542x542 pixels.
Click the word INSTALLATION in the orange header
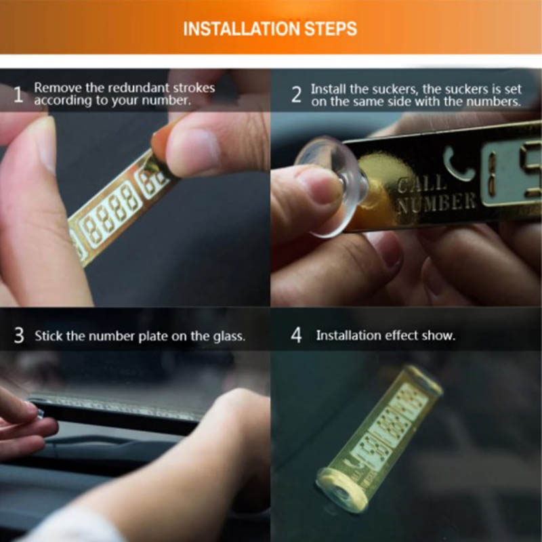242,28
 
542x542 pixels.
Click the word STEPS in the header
331,28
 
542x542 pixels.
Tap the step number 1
18,94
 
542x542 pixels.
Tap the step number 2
296,95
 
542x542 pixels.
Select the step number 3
19,335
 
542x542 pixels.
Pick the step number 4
296,335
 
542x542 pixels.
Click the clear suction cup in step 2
332,187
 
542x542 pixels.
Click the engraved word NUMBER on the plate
436,204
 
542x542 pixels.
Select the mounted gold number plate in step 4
379,439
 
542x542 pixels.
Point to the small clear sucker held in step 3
39,414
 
